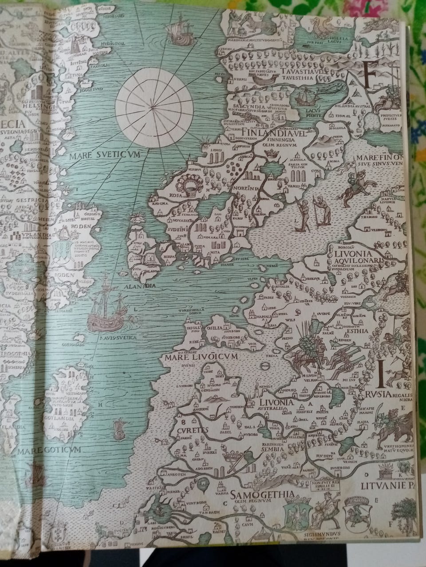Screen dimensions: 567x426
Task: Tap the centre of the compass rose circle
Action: (154, 106)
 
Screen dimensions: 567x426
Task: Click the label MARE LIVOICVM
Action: (194, 356)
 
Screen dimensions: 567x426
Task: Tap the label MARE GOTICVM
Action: (50, 450)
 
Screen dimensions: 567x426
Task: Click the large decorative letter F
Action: (372, 74)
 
